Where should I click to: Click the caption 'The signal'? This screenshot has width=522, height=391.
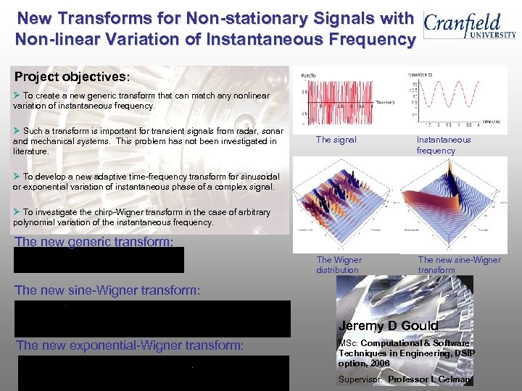[x=336, y=140]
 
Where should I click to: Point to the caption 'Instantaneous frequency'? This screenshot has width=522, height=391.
[x=443, y=145]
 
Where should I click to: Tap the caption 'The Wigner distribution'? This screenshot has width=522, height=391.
[x=339, y=264]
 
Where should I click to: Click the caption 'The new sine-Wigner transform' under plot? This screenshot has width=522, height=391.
[x=459, y=264]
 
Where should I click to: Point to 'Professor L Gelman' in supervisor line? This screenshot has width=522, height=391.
[x=429, y=379]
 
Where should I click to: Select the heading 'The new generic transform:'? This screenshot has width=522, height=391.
[x=94, y=242]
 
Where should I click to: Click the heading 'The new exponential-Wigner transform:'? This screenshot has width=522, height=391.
[x=130, y=345]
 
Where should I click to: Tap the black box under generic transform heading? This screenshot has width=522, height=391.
[x=99, y=260]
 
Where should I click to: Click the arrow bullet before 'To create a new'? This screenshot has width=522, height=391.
[x=17, y=96]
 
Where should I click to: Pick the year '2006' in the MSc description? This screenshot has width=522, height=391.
[x=378, y=363]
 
